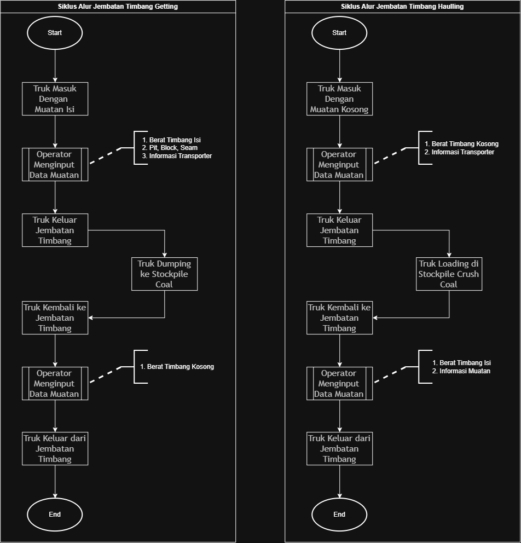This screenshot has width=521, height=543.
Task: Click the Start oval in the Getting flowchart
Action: pyautogui.click(x=55, y=33)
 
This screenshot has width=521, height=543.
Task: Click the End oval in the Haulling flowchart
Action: pyautogui.click(x=339, y=514)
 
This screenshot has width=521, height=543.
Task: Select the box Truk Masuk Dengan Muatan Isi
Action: pyautogui.click(x=55, y=99)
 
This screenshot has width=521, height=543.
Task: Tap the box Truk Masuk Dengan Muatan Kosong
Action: pyautogui.click(x=340, y=99)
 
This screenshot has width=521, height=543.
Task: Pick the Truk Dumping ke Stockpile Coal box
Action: pyautogui.click(x=164, y=274)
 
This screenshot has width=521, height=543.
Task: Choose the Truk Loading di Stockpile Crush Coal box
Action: pyautogui.click(x=449, y=274)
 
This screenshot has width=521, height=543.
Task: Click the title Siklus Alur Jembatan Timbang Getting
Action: pyautogui.click(x=118, y=6)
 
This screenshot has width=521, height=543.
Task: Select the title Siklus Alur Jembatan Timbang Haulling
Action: pyautogui.click(x=402, y=6)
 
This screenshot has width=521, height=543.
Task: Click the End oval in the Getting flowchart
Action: pyautogui.click(x=55, y=514)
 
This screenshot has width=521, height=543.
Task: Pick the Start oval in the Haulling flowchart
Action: pyautogui.click(x=339, y=33)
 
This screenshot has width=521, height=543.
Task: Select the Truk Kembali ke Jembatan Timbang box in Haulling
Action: pyautogui.click(x=340, y=317)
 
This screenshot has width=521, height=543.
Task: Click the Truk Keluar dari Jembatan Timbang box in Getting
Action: pyautogui.click(x=55, y=448)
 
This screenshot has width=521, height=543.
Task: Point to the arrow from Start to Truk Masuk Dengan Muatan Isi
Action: pyautogui.click(x=55, y=66)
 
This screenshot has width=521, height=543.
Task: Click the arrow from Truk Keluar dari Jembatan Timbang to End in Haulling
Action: pyautogui.click(x=340, y=481)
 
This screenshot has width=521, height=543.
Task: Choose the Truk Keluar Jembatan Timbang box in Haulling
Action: pyautogui.click(x=340, y=230)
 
